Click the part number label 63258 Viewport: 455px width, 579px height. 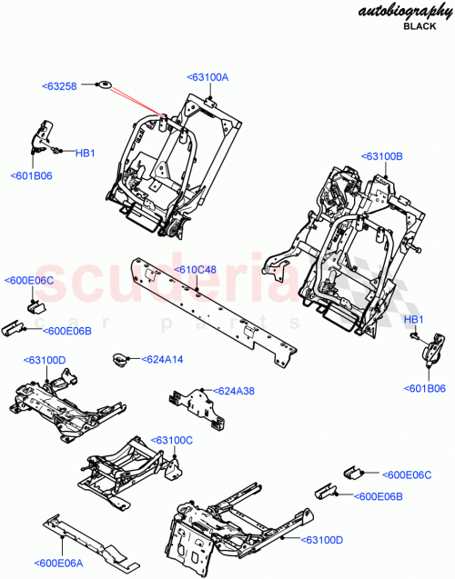(61, 86)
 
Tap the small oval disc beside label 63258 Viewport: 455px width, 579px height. (104, 85)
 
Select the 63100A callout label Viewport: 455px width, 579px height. (207, 78)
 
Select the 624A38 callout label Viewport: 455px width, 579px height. (235, 391)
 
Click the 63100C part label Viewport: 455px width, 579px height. (172, 440)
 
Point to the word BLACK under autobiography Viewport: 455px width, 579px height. (420, 28)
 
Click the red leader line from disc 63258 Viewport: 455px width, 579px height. (136, 102)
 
